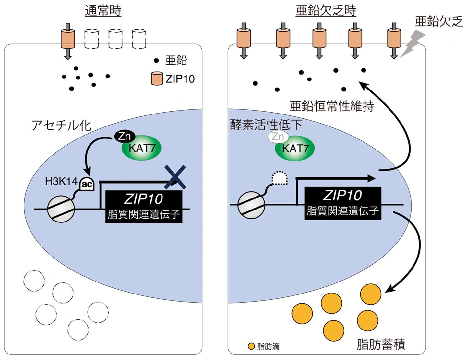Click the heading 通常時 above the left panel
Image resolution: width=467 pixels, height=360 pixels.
[103, 11]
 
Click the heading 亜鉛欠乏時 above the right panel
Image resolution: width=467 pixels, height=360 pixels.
[326, 11]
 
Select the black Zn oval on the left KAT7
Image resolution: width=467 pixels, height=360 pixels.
[124, 136]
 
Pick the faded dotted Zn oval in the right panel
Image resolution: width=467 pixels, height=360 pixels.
[278, 137]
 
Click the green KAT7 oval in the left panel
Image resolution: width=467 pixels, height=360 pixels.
[142, 148]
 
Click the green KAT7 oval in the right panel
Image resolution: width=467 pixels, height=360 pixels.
[295, 149]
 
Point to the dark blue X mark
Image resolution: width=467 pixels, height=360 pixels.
[175, 177]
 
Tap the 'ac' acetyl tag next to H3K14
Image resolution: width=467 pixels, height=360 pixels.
[87, 184]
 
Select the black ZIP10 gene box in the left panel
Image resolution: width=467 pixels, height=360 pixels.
[144, 206]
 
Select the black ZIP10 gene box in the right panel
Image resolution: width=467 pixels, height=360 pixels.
[342, 203]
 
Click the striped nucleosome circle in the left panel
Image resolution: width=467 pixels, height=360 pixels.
[61, 209]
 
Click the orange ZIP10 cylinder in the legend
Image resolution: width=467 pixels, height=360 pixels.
[157, 79]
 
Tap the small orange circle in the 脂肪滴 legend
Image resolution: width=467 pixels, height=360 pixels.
[251, 346]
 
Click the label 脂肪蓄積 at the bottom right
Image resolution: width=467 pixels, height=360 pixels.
[381, 344]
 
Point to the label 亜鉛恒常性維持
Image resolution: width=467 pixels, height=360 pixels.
[332, 106]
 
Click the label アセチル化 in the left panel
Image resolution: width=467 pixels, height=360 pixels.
[61, 126]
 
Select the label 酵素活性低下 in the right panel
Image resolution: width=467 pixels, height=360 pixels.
[266, 125]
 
